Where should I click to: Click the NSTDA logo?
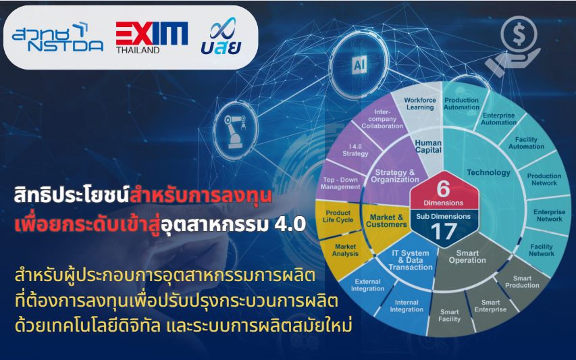pyautogui.click(x=57, y=37)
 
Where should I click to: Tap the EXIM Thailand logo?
pyautogui.click(x=152, y=37)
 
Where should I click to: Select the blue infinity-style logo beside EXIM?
pyautogui.click(x=221, y=36)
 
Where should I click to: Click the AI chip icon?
pyautogui.click(x=359, y=66)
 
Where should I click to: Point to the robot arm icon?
pyautogui.click(x=235, y=131)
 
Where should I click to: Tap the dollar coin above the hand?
pyautogui.click(x=519, y=34)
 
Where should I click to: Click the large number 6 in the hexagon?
pyautogui.click(x=444, y=189)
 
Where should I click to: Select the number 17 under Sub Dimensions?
pyautogui.click(x=444, y=232)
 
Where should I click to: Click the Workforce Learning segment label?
pyautogui.click(x=420, y=103)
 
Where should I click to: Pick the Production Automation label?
pyautogui.click(x=462, y=103)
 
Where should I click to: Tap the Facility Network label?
pyautogui.click(x=542, y=250)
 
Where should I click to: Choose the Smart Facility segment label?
pyautogui.click(x=449, y=315)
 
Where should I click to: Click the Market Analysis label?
pyautogui.click(x=345, y=250)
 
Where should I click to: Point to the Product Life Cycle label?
pyautogui.click(x=338, y=216)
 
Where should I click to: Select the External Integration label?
pyautogui.click(x=367, y=285)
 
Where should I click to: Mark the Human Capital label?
pyautogui.click(x=428, y=147)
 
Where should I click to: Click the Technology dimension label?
pyautogui.click(x=489, y=172)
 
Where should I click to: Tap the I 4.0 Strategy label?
pyautogui.click(x=355, y=150)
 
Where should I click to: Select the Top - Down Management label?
pyautogui.click(x=340, y=183)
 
